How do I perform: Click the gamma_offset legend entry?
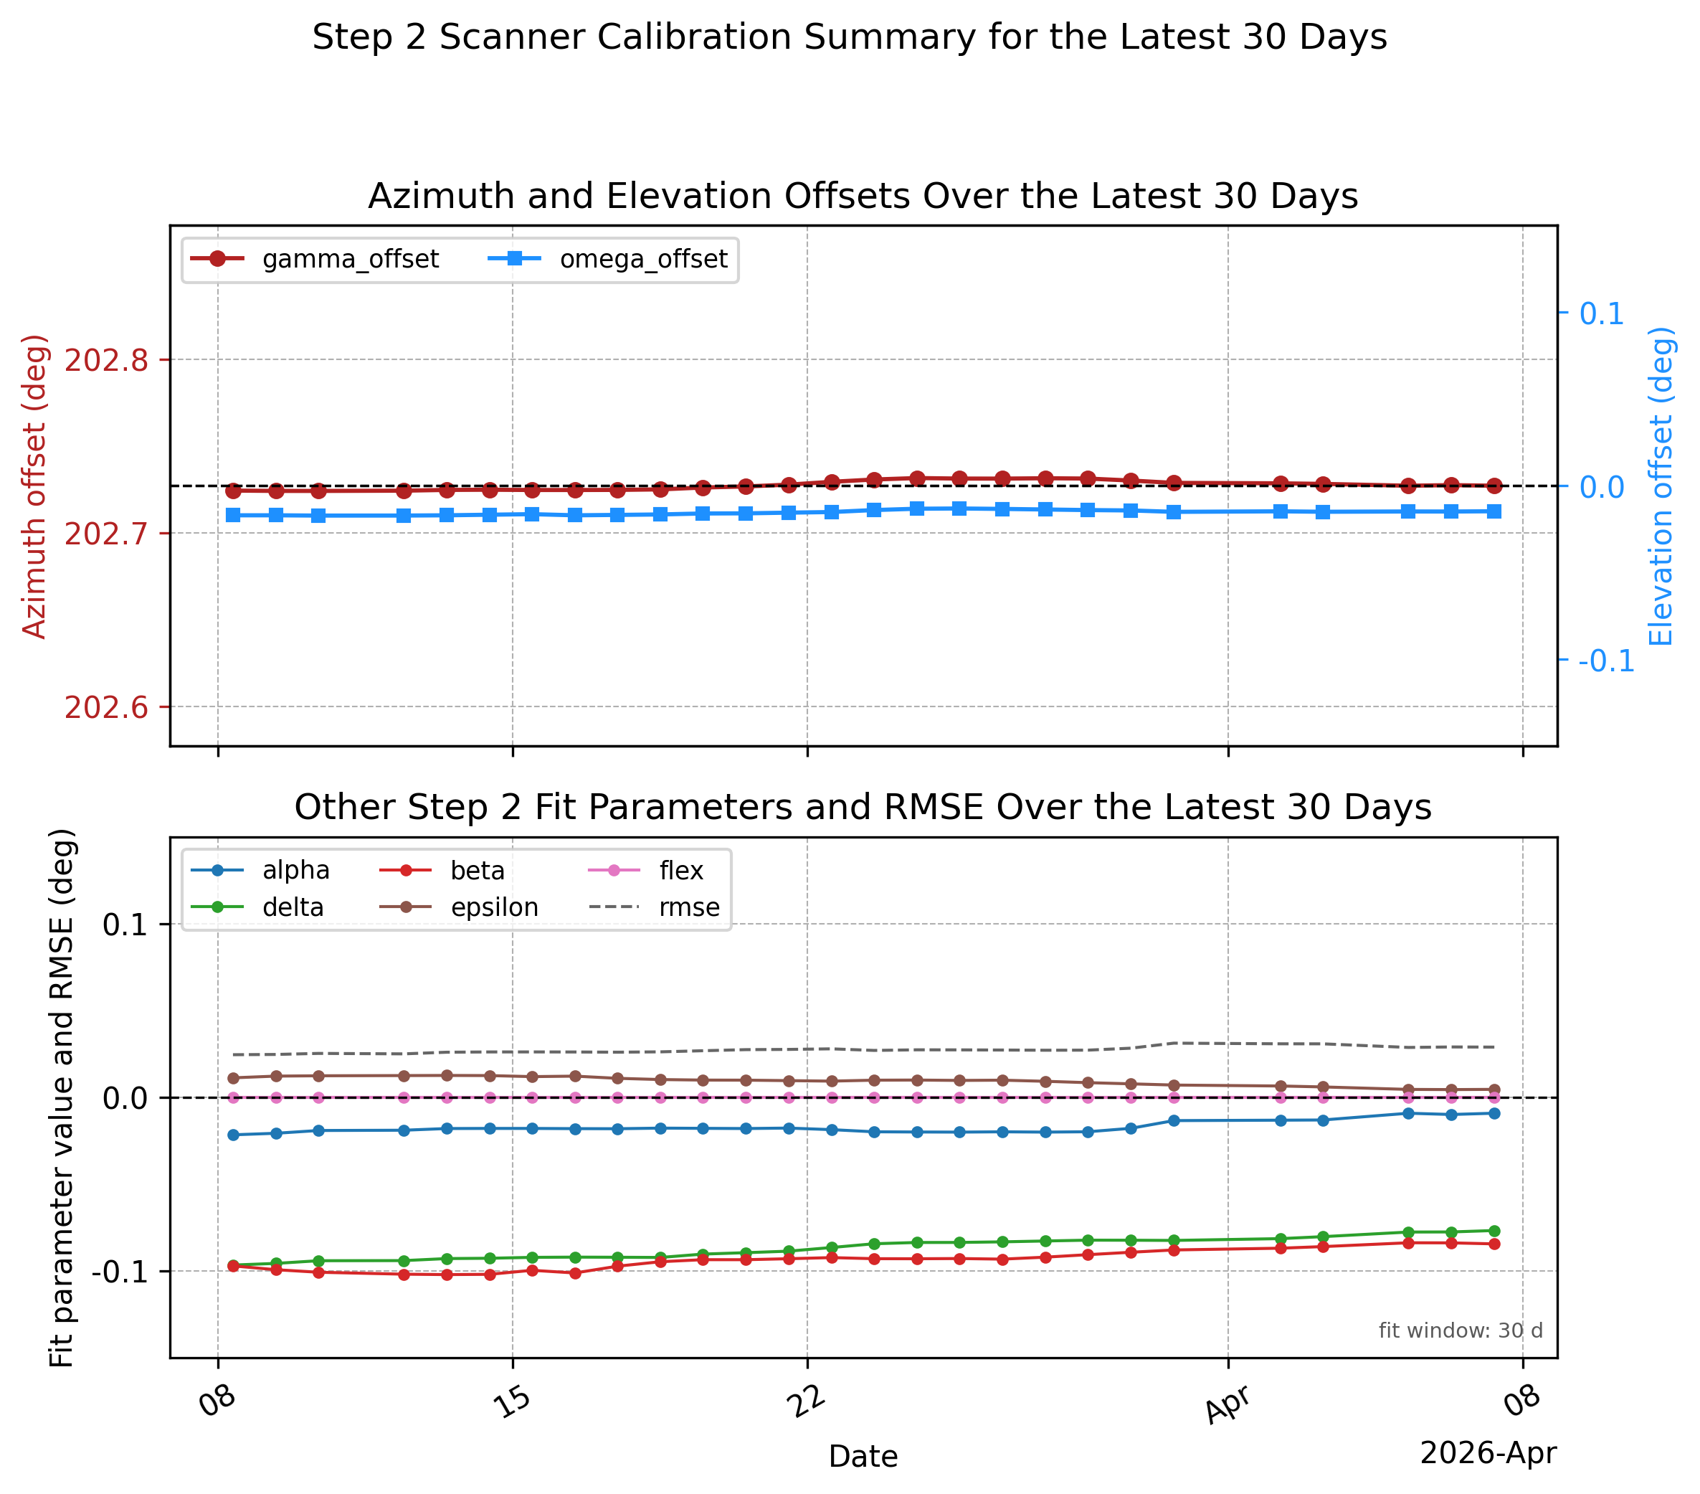coord(314,260)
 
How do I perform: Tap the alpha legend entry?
coord(260,870)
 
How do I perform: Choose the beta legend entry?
coord(442,870)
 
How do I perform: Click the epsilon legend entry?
coord(459,907)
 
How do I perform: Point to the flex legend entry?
coord(646,870)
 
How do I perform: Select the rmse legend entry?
coord(655,907)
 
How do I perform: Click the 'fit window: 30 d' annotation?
coord(1461,1330)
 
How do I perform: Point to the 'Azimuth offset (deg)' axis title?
coord(34,486)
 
